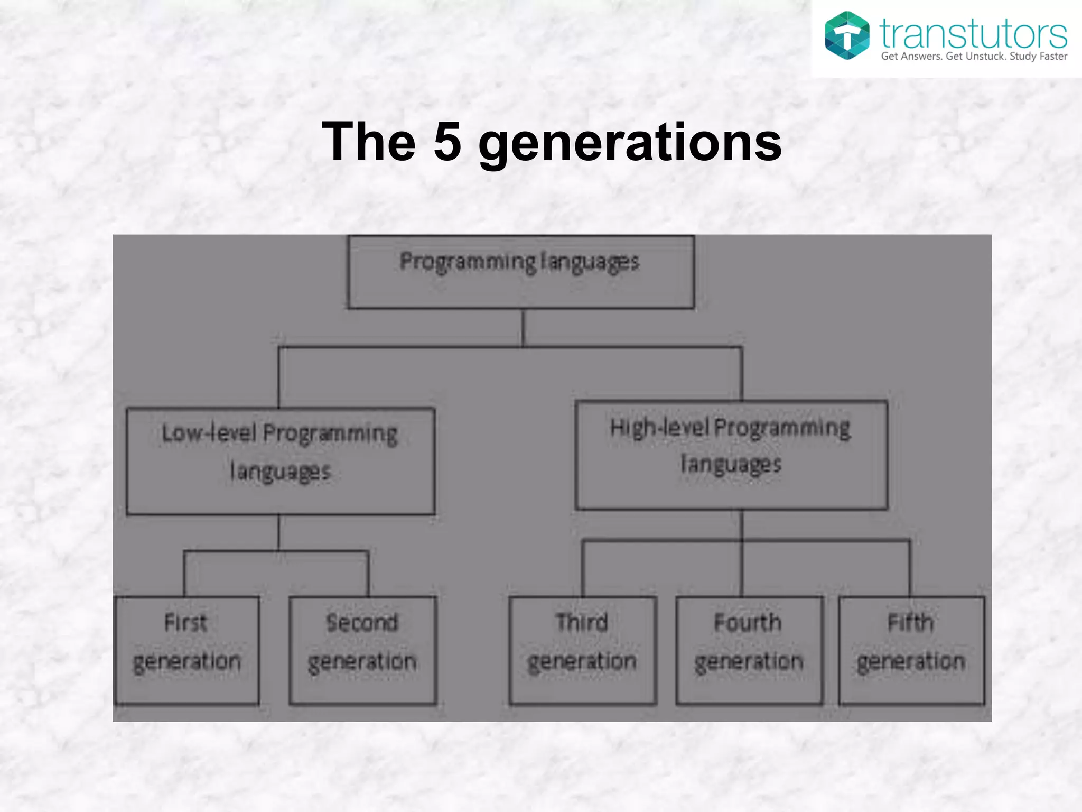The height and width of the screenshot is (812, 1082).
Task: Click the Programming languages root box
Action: pos(521,272)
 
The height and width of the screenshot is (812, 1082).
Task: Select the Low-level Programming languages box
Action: pos(281,461)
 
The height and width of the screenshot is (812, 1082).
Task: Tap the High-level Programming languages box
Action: pos(731,455)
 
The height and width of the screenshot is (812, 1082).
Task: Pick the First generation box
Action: pos(187,650)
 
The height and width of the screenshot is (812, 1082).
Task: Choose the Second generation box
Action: pos(363,650)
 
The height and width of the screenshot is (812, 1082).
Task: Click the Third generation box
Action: pos(583,650)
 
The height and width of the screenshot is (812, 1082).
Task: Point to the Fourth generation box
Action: pos(749,650)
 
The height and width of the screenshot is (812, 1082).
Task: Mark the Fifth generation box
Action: pos(911,650)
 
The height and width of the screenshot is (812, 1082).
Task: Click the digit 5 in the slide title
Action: pos(447,142)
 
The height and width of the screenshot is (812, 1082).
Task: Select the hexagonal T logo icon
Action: pos(847,35)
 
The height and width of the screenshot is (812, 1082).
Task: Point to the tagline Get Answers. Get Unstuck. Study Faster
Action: pos(974,57)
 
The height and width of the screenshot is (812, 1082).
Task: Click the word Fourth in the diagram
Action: pos(748,623)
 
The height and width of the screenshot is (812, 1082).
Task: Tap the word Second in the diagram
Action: pos(362,623)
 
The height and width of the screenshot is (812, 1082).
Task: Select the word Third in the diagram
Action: pos(582,623)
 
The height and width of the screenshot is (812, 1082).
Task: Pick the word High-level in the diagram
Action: pos(659,428)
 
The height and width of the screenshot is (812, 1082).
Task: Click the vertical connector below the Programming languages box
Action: pos(523,328)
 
